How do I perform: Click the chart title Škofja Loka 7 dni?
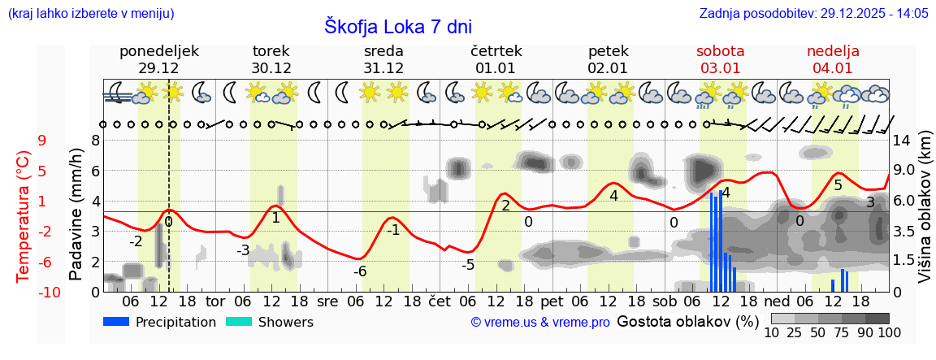coord(397,26)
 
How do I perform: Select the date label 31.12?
coord(383,68)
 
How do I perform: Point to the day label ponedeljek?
coord(158,51)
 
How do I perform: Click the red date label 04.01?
coord(833,68)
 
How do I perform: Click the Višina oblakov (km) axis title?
coord(925,219)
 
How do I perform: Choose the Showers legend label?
coord(285,322)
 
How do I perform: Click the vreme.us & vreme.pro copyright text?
coord(540,323)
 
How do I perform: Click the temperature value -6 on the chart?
coord(360,271)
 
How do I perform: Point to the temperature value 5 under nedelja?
coord(838,185)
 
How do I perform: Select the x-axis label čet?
coord(440,301)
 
